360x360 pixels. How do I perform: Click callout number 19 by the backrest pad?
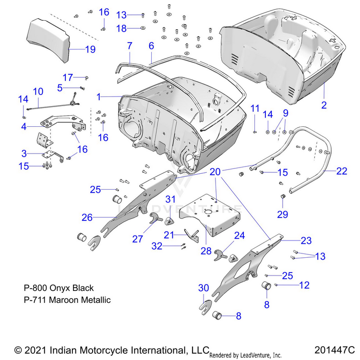point(90,49)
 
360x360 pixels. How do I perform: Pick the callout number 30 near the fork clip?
point(204,288)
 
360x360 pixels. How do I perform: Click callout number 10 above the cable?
point(38,91)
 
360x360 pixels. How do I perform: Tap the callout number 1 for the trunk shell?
point(99,96)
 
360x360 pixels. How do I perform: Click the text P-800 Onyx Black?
point(59,288)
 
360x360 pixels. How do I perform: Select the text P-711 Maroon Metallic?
point(67,300)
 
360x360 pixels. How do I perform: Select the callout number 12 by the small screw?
point(305,285)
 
